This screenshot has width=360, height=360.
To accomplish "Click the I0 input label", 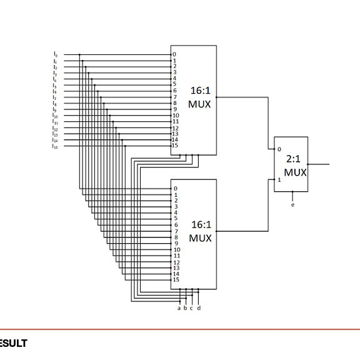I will pos(55,55).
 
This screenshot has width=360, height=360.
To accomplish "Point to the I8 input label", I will pos(55,104).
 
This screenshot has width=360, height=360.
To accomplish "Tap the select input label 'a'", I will pos(179,307).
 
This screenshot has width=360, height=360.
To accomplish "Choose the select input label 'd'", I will pos(199,307).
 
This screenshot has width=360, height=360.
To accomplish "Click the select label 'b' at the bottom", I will pos(186,307).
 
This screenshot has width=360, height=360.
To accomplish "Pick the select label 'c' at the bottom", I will pos(192,307).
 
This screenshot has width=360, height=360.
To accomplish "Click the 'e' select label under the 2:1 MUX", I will pos(292,204).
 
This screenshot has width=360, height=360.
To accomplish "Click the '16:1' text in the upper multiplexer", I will pos(201,91).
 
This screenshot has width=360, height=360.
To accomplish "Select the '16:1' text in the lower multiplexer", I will pos(201,224).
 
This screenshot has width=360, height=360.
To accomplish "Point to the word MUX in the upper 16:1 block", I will pos(199,104).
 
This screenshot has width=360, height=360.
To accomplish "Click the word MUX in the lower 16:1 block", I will pos(200,238).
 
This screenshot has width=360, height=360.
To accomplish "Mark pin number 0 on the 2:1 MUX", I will pos(279,149).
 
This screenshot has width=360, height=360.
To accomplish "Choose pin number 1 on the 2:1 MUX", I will pos(279,180).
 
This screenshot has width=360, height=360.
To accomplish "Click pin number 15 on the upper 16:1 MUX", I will pos(176,146).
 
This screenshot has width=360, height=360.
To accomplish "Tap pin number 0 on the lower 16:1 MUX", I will pos(176,188).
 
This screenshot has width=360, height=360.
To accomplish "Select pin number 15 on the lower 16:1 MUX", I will pos(176,279).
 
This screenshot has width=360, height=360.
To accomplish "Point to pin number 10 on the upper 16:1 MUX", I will pos(176,115).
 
